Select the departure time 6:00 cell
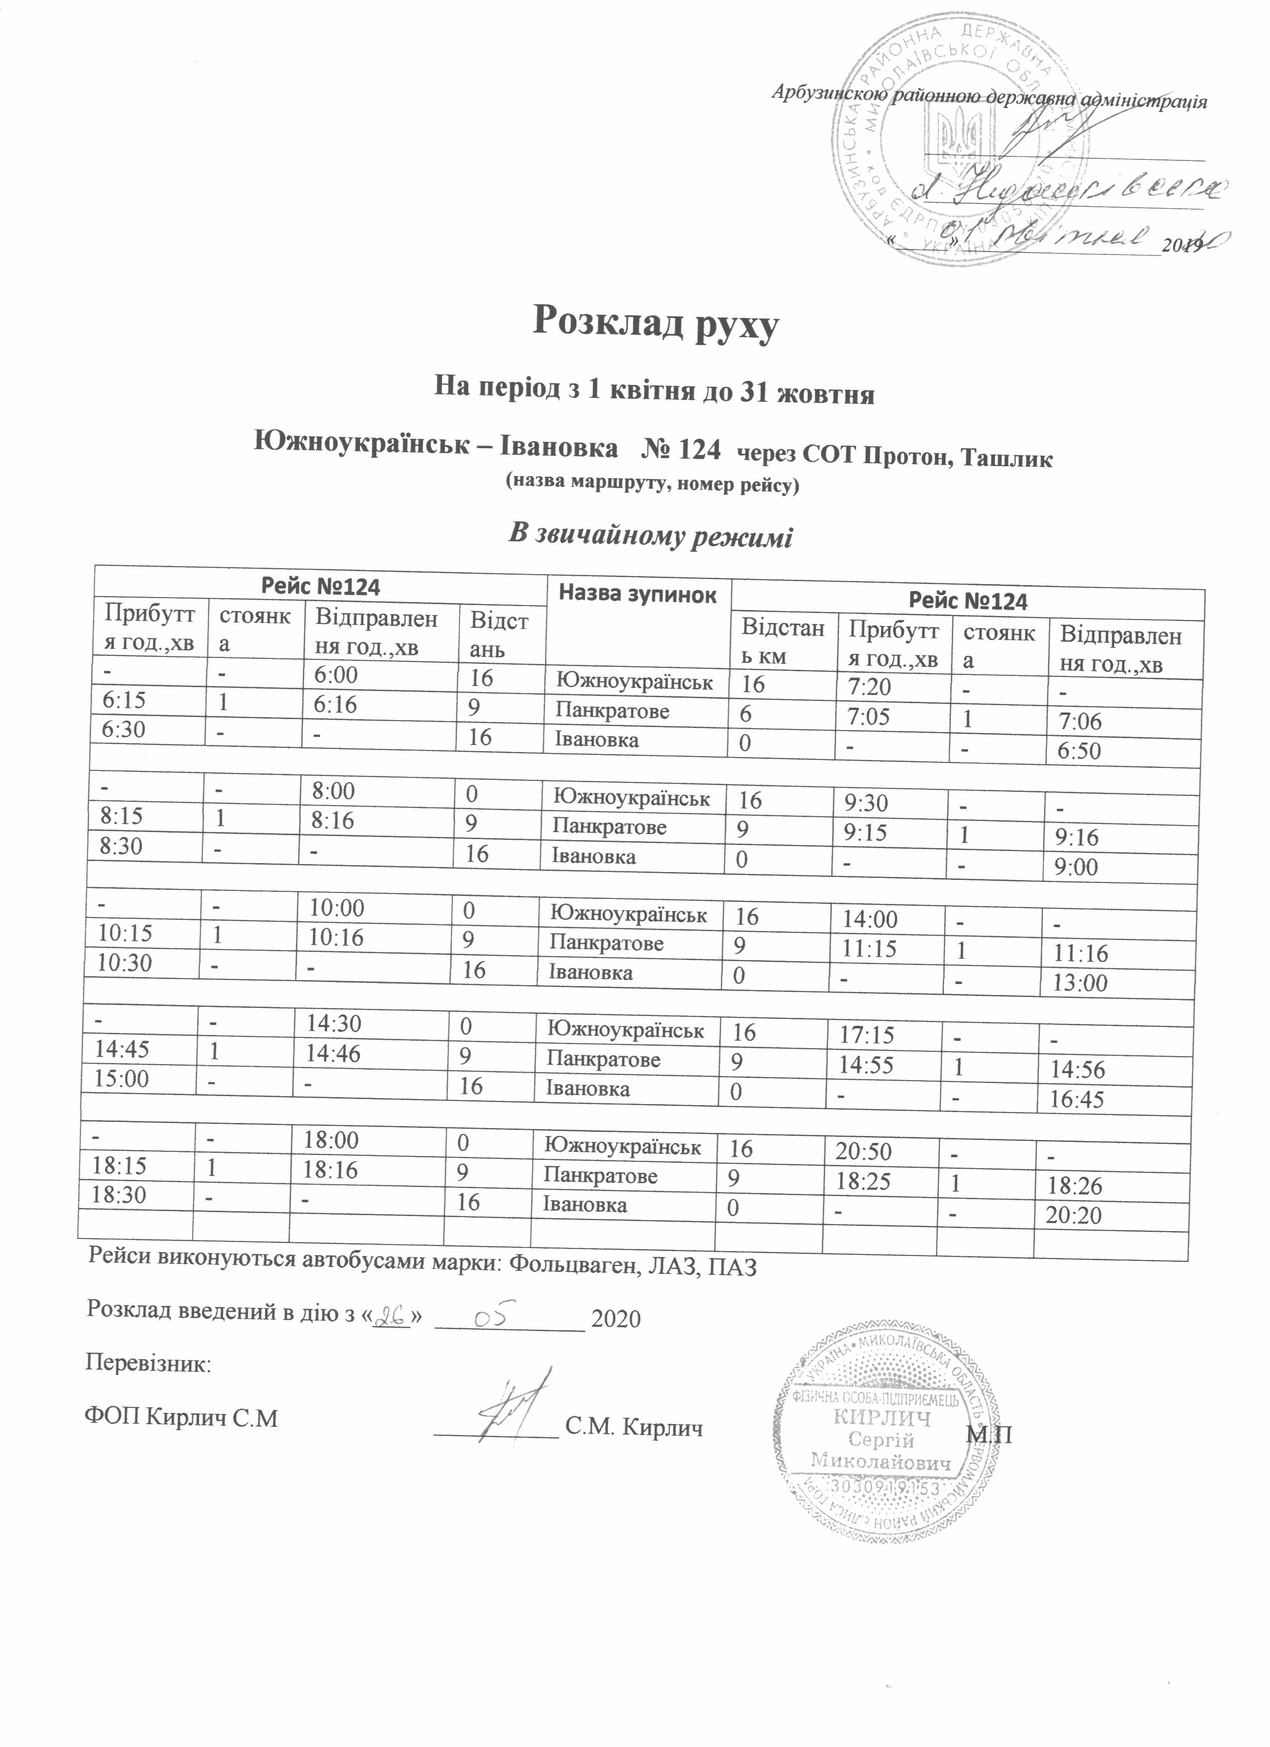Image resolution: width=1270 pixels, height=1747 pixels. click(335, 675)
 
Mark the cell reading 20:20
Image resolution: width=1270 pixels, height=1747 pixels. click(1073, 1216)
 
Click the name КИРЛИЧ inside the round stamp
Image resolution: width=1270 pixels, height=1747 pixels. click(882, 1419)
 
